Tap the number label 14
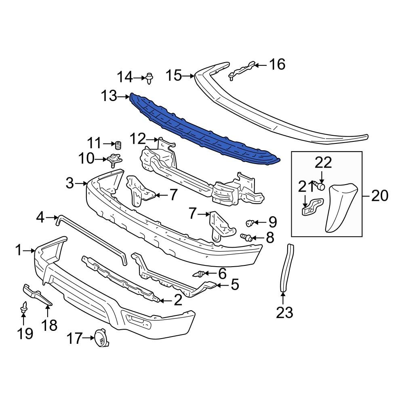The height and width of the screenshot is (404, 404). tap(125, 76)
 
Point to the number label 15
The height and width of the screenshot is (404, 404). tap(174, 75)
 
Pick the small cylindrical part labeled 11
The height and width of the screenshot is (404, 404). tap(118, 145)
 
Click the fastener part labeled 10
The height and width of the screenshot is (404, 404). tap(115, 160)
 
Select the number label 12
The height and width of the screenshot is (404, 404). tap(138, 139)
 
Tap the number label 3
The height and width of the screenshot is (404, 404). tap(70, 184)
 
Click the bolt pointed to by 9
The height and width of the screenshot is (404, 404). tap(250, 222)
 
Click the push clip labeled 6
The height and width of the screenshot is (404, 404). tap(200, 275)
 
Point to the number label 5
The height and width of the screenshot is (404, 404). tap(235, 285)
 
